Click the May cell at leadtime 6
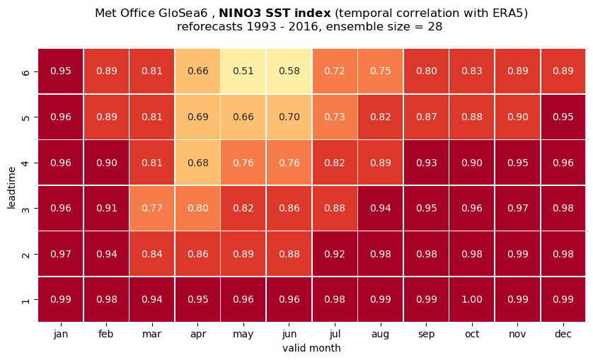tap(243, 71)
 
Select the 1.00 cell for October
tap(471, 299)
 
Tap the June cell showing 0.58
tap(289, 71)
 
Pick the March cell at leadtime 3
tap(151, 208)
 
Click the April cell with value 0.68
tap(197, 163)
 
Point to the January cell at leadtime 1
tap(61, 299)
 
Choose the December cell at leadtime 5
tap(563, 117)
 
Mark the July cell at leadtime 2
tap(335, 254)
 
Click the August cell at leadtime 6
tap(381, 71)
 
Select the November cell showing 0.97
tap(517, 208)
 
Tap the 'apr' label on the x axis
tap(198, 335)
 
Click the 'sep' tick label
tap(426, 335)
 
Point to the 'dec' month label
tap(563, 334)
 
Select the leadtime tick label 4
tap(25, 163)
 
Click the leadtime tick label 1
tap(25, 299)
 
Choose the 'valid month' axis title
tap(311, 348)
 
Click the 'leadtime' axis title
tap(12, 187)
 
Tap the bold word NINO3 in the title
tap(241, 13)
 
